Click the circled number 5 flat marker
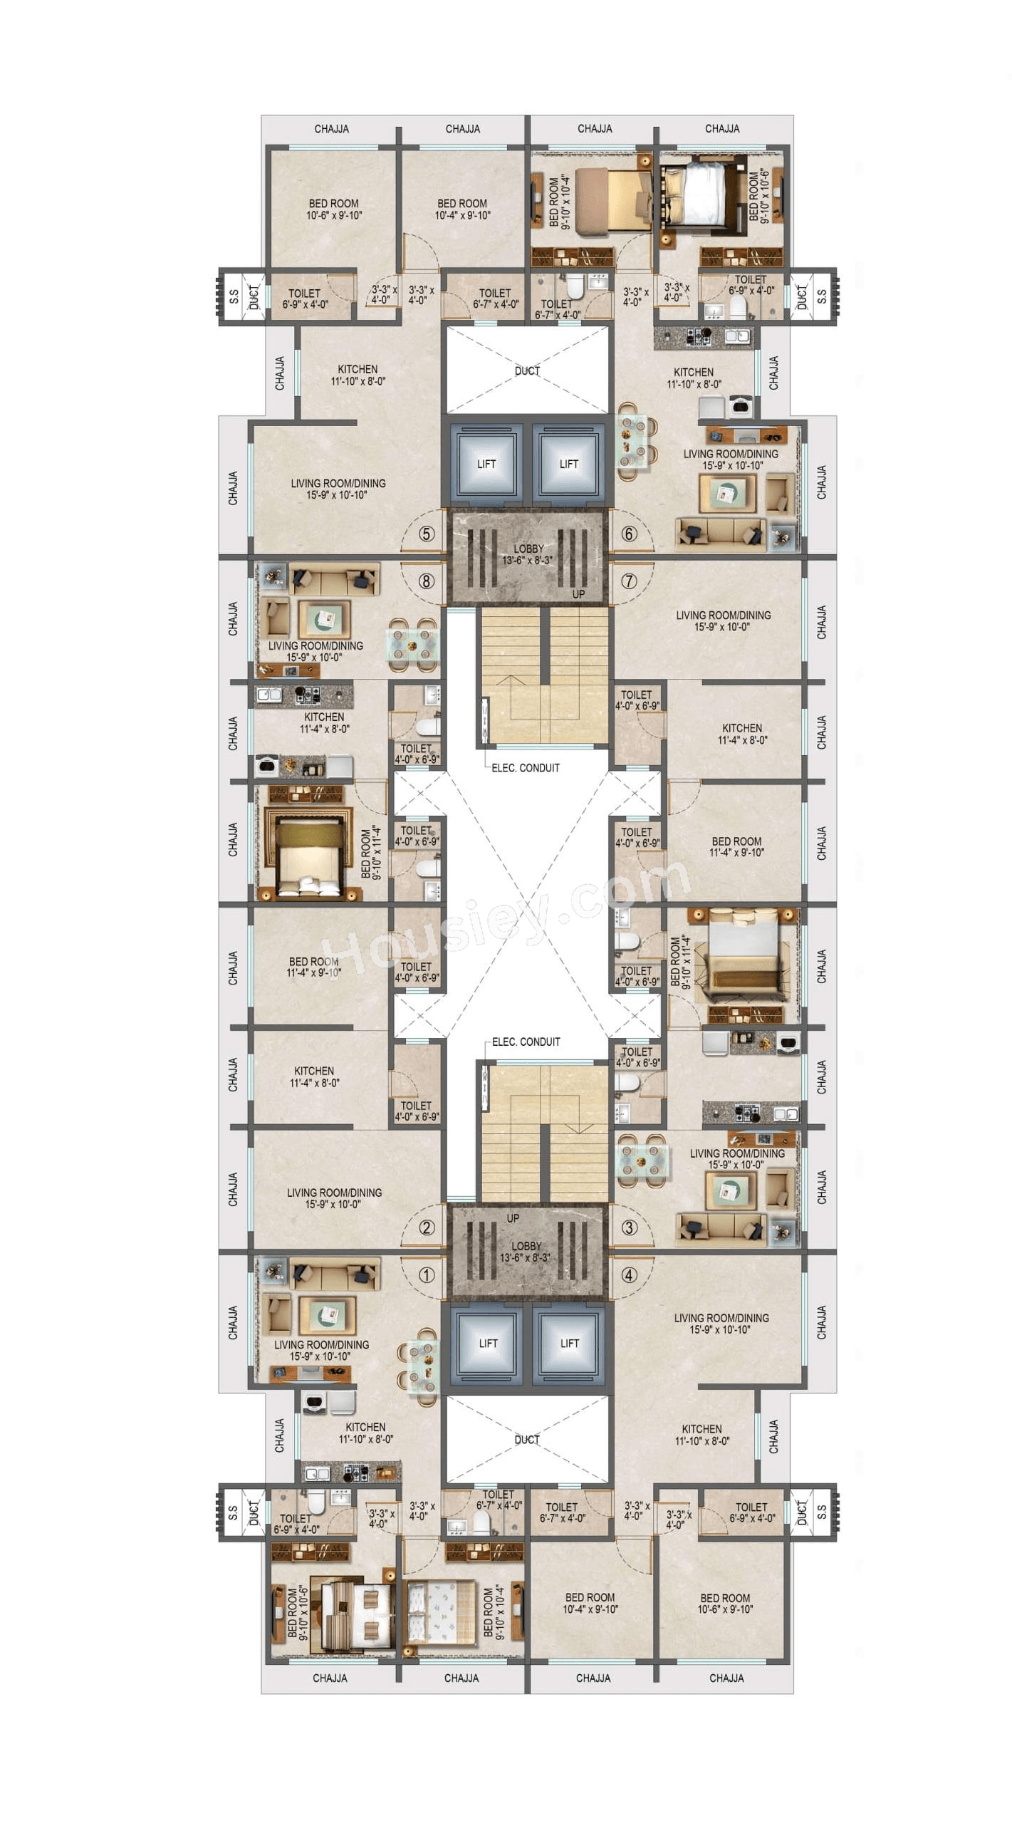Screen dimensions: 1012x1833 pos(426,534)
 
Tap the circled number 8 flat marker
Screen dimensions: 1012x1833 pos(426,581)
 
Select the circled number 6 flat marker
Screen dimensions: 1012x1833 pos(629,534)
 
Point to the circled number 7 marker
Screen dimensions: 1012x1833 pos(629,581)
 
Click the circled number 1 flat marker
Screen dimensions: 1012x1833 pos(426,1275)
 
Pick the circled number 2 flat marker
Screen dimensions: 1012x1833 pos(426,1227)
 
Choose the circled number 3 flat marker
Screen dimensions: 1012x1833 pos(629,1227)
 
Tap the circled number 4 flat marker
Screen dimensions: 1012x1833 pos(629,1275)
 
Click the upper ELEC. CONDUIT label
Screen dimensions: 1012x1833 pos(526,768)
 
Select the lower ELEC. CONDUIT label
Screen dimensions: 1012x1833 pos(526,1042)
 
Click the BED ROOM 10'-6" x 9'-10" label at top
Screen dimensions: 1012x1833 pos(334,209)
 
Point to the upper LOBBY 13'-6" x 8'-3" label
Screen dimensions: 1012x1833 pos(528,554)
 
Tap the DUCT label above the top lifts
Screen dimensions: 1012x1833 pos(527,371)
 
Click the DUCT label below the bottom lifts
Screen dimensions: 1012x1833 pos(527,1440)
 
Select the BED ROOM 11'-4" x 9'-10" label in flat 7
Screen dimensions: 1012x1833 pos(736,847)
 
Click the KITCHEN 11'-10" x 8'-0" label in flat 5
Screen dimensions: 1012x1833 pos(358,375)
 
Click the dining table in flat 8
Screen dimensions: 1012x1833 pos(413,645)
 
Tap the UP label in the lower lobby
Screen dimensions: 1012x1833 pos(513,1218)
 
